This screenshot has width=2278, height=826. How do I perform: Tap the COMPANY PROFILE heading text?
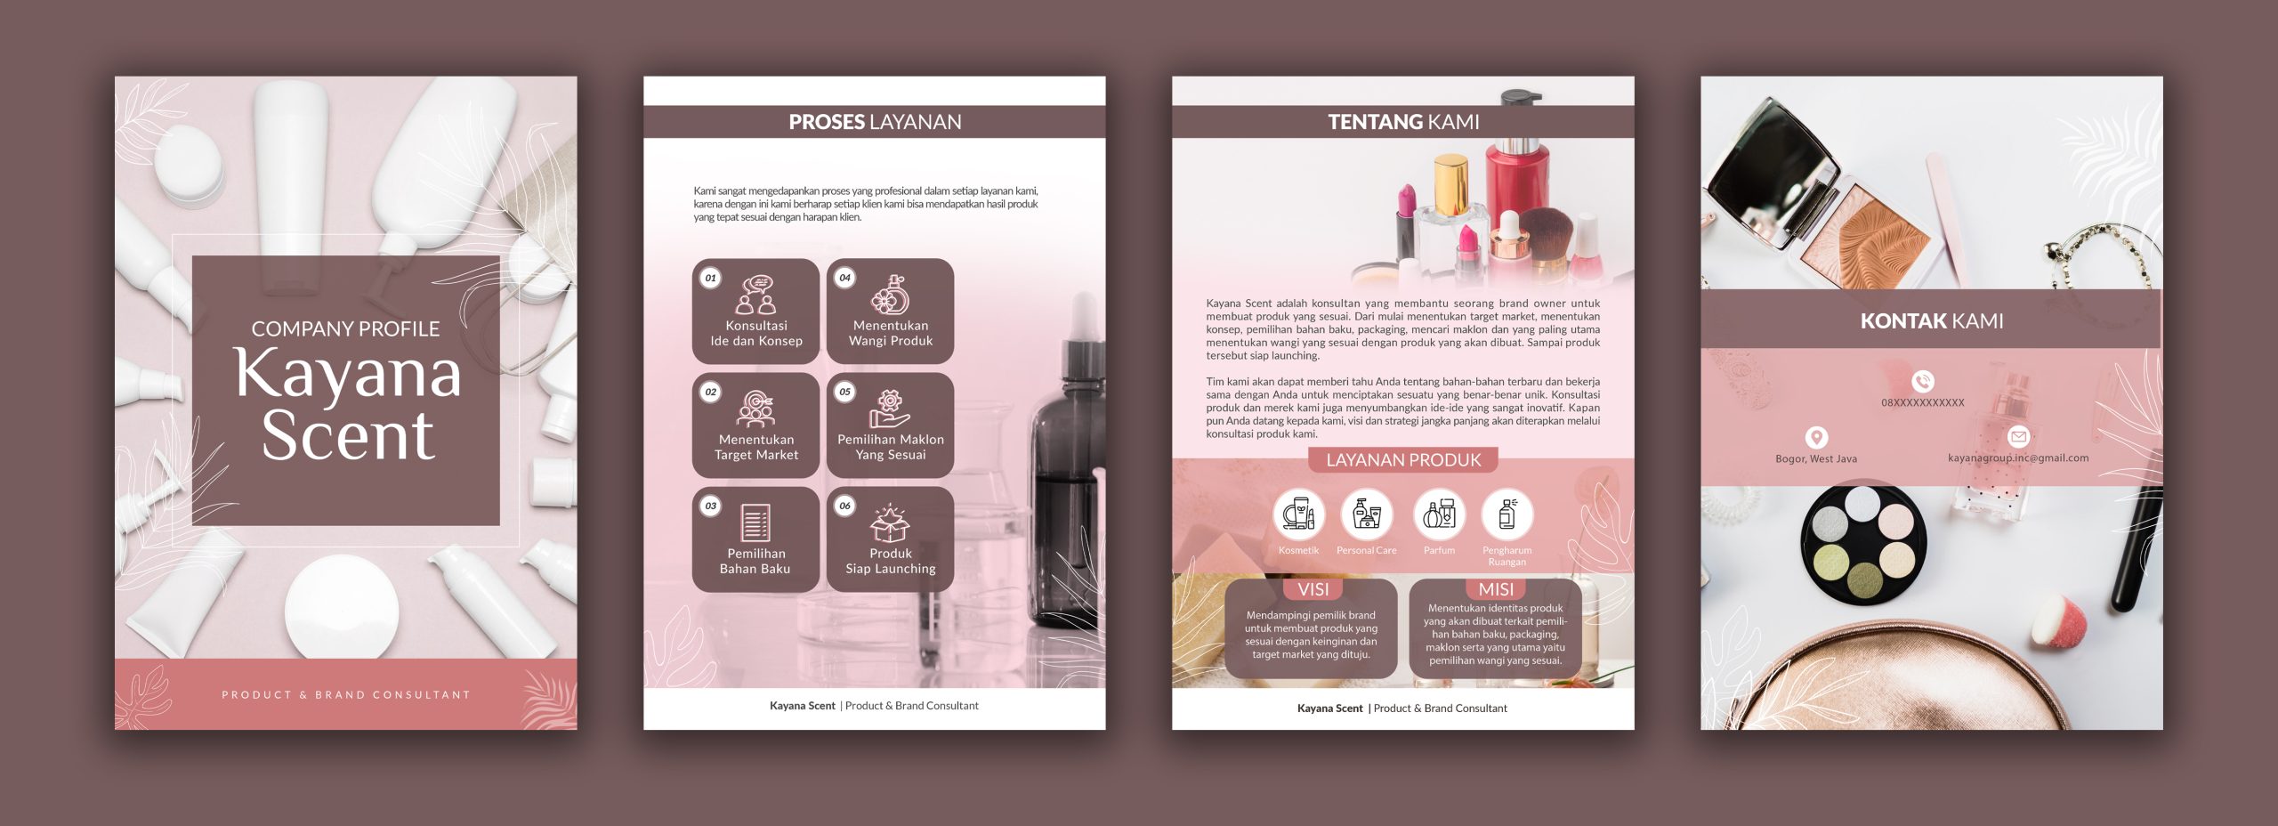[345, 329]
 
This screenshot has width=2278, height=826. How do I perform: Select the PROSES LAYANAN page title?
[875, 122]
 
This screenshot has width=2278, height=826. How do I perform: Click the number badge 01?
[710, 278]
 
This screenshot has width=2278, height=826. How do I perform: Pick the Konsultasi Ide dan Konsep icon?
[756, 296]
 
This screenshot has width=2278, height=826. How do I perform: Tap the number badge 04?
[844, 278]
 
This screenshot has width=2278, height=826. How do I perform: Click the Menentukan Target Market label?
[756, 447]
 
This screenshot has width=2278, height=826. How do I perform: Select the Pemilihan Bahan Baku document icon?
[755, 523]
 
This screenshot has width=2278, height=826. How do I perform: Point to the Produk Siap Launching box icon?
[890, 523]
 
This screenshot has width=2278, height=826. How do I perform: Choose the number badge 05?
[844, 392]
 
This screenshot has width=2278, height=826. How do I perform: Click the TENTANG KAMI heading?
[1403, 122]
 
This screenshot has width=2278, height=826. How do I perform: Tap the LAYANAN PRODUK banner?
[1403, 460]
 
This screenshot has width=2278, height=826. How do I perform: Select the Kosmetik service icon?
[1298, 514]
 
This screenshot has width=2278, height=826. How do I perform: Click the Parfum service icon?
[1439, 514]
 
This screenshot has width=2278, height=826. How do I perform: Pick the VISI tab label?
[1313, 589]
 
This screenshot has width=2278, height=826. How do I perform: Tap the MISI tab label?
[1496, 589]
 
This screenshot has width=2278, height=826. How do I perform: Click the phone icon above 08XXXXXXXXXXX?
[1923, 382]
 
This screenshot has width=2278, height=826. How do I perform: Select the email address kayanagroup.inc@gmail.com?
[2018, 458]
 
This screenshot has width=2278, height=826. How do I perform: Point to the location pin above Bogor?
[1816, 437]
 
